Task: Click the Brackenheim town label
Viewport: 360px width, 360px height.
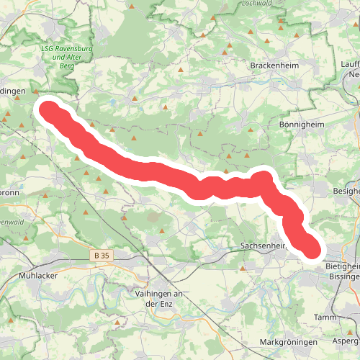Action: click(269, 65)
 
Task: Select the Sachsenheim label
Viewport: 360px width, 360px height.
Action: click(264, 246)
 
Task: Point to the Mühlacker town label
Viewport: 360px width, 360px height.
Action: click(39, 275)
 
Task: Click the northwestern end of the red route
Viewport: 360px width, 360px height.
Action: click(48, 111)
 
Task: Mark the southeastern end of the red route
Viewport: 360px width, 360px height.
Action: click(312, 250)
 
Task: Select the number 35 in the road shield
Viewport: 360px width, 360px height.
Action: click(107, 255)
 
